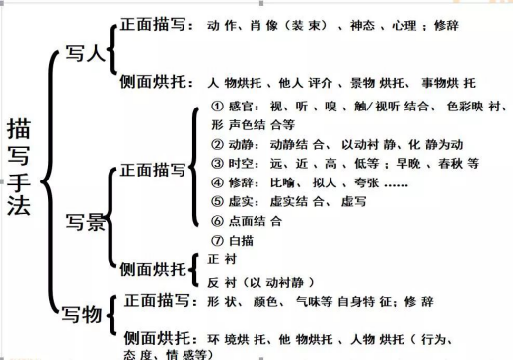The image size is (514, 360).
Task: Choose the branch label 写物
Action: point(83,315)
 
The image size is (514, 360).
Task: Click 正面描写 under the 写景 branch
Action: point(149,170)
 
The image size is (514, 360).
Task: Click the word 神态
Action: point(352,22)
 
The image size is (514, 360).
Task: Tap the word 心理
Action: point(404,22)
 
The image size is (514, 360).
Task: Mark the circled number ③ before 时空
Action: point(218,164)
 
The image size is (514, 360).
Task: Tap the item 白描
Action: point(246,240)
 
